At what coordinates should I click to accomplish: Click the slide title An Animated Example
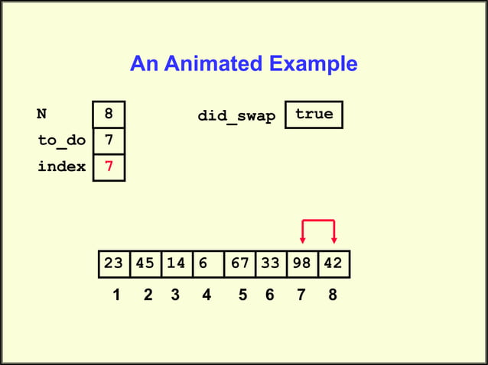coord(243,63)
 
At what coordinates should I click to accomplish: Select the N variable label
coord(42,115)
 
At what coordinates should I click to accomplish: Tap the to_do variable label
coord(61,141)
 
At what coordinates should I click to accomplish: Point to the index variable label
coord(61,166)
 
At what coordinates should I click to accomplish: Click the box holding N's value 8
coord(109,115)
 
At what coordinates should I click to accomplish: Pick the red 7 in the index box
coord(109,166)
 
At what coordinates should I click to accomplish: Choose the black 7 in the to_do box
coord(109,141)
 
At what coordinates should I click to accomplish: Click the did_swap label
coord(236,116)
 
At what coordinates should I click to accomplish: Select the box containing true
coord(314,115)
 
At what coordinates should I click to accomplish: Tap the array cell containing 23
coord(114,263)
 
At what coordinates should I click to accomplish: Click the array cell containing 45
coord(145,263)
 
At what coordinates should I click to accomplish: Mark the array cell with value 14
coord(176,263)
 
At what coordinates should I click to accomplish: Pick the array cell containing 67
coord(239,263)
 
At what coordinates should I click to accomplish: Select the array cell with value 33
coord(270,263)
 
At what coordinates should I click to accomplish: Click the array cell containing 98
coord(301,263)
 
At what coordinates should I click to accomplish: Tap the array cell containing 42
coord(333,263)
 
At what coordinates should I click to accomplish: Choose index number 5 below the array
coord(242,296)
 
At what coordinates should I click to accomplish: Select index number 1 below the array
coord(116,296)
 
